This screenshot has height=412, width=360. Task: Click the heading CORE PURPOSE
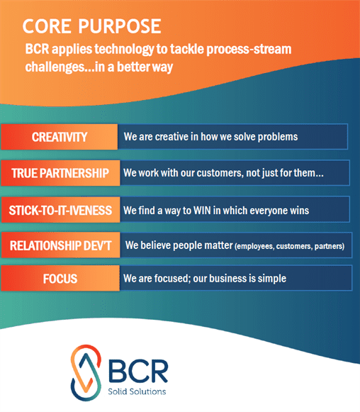click(91, 26)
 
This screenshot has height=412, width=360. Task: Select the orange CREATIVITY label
click(60, 137)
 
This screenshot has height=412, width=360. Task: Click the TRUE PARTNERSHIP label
click(60, 173)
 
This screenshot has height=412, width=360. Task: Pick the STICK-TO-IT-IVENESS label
click(60, 210)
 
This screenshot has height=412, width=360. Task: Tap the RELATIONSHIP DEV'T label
click(60, 245)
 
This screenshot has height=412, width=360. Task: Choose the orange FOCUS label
click(60, 279)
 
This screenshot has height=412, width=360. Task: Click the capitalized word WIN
click(202, 211)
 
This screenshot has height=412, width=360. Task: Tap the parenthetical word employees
click(254, 246)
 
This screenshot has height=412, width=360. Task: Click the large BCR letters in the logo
click(138, 371)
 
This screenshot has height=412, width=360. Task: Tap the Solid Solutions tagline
click(137, 391)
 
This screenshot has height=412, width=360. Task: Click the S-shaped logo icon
click(86, 373)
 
